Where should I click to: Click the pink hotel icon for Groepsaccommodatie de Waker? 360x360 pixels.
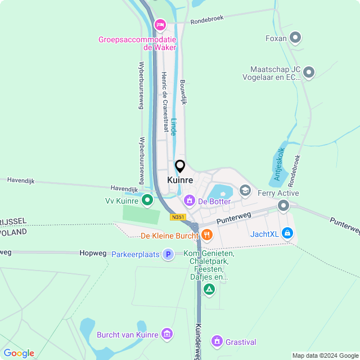(160, 24)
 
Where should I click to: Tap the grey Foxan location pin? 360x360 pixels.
(295, 38)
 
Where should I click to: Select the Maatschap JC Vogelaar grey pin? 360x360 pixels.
(309, 72)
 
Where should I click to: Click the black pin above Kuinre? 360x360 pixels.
(180, 166)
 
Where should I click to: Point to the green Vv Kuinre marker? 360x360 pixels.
(147, 200)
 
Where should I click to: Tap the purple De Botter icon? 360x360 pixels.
(190, 200)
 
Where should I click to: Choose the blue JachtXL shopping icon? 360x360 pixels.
(287, 232)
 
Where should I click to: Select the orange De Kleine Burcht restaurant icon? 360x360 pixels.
(207, 235)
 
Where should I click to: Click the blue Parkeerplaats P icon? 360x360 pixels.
(168, 254)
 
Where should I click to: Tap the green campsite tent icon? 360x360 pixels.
(209, 290)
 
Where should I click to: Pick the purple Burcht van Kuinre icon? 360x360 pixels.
(166, 334)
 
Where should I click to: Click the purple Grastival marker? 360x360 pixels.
(217, 341)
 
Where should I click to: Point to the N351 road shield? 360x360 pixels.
(178, 217)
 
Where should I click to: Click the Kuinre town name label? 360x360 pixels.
(180, 181)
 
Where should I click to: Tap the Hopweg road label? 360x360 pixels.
(93, 254)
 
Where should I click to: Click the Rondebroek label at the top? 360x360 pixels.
(207, 19)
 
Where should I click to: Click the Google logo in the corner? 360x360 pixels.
(19, 353)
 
